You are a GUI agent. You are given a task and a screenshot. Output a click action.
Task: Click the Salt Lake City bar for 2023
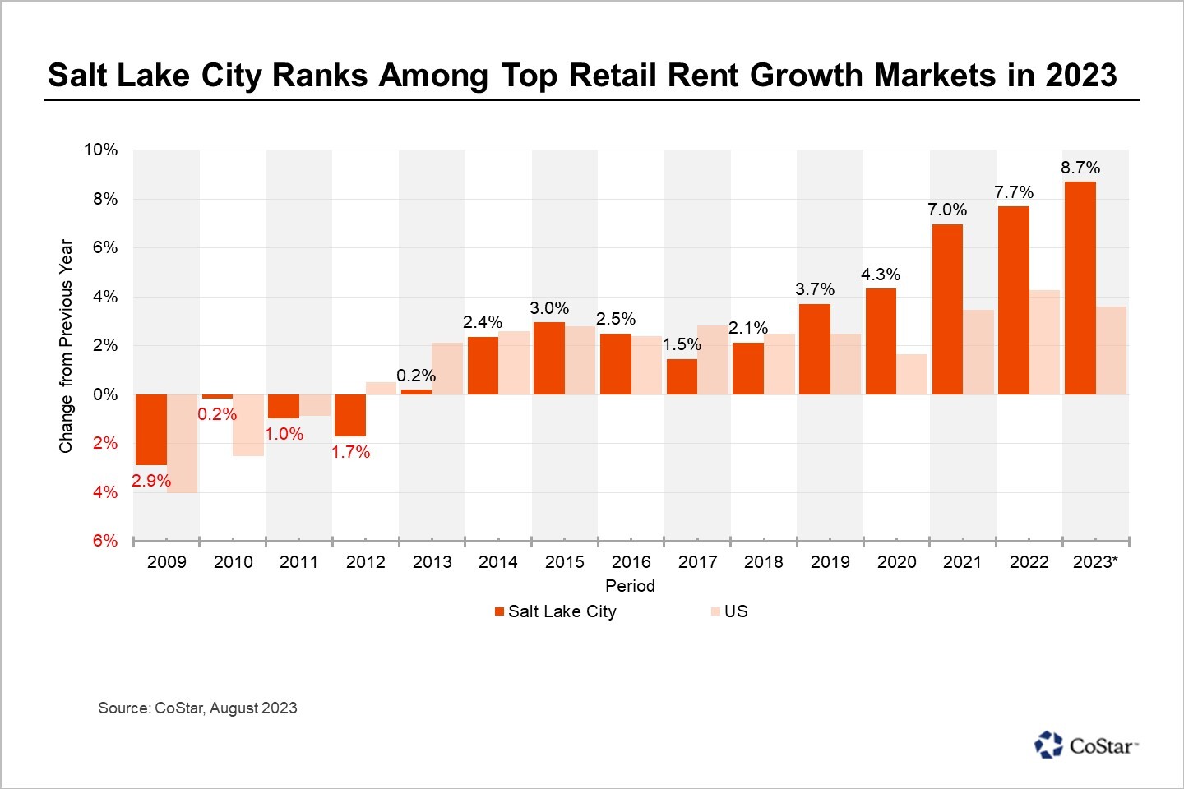coord(1080,288)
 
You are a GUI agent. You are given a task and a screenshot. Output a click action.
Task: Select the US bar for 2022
coord(1044,342)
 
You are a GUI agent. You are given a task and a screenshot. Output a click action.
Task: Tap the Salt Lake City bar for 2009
coord(151,429)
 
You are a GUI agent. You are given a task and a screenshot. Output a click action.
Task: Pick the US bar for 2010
coord(248,425)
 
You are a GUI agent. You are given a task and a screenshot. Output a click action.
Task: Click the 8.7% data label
coord(1080,168)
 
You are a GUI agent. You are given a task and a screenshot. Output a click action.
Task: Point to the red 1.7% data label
coord(350,452)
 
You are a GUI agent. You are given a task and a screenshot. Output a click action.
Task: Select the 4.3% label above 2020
coord(881,275)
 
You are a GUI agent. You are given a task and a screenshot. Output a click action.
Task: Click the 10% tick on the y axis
coord(100,150)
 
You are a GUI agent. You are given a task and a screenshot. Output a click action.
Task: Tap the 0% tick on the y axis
coord(105,394)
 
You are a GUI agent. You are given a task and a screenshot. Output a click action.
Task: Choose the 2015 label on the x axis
coord(565,562)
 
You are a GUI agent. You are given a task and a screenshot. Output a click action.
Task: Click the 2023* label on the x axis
coord(1095,562)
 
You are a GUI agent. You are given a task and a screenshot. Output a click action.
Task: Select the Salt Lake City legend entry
coord(555,611)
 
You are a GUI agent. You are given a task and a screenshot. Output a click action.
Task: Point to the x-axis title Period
coord(630,586)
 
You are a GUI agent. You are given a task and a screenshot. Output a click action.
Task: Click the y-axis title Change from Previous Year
coord(66,346)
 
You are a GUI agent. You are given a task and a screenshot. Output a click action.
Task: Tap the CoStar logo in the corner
coord(1085,745)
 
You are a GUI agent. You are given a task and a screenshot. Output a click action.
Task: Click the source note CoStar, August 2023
coord(197,708)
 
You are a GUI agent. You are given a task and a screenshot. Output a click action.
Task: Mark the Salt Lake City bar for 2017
coord(682,376)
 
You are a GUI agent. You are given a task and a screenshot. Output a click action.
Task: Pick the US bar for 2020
coord(912,374)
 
